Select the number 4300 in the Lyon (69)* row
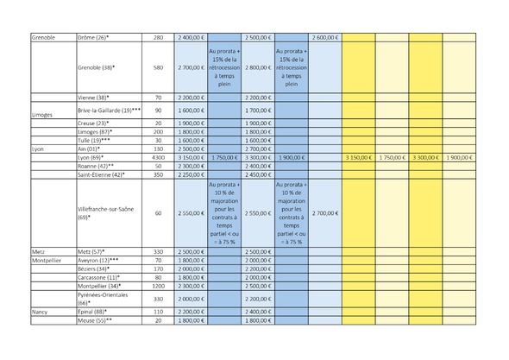click(x=158, y=158)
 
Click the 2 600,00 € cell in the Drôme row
click(x=324, y=37)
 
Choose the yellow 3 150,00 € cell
click(x=358, y=158)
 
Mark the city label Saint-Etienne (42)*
click(x=100, y=174)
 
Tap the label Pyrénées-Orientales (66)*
click(x=101, y=299)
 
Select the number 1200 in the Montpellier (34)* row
click(x=158, y=284)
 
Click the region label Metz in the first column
click(x=38, y=250)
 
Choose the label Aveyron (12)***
click(x=97, y=259)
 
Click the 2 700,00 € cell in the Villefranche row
click(x=324, y=212)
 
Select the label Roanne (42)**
click(x=94, y=166)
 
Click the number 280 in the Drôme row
click(x=158, y=37)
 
